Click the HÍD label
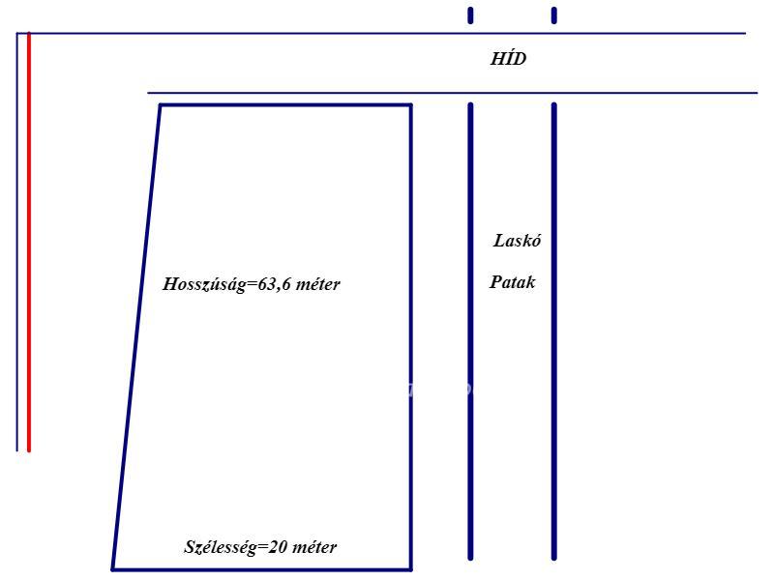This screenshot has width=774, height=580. point(509,59)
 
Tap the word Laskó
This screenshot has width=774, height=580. point(517,240)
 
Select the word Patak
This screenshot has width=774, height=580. point(513,281)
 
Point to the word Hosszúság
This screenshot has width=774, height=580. point(204,284)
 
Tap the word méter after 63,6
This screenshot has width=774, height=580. point(318,284)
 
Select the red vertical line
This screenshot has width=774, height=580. point(29,242)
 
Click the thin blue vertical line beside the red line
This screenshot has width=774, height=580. point(16,242)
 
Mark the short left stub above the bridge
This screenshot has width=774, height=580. point(470,15)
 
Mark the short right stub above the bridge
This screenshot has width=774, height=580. point(553,15)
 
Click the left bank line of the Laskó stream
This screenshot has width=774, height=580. point(470,332)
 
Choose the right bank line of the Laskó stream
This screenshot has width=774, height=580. point(553,332)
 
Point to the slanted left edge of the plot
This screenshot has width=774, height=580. point(136,337)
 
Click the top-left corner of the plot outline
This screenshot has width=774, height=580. point(161,104)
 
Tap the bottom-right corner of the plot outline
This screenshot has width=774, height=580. point(410,569)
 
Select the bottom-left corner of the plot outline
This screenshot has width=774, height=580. point(112,569)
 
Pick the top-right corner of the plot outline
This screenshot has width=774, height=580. point(410,104)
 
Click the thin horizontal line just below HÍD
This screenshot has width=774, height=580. point(453,93)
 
